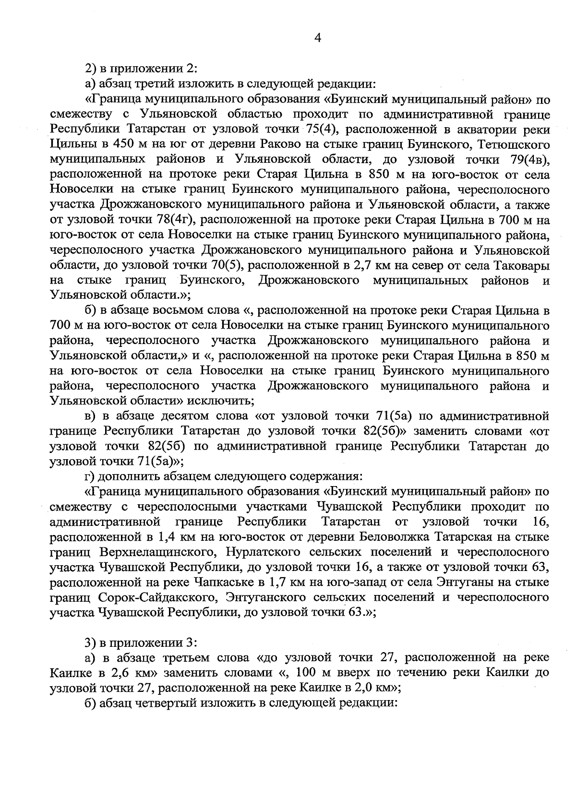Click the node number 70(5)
[x=226, y=265]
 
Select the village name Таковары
[x=522, y=265]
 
